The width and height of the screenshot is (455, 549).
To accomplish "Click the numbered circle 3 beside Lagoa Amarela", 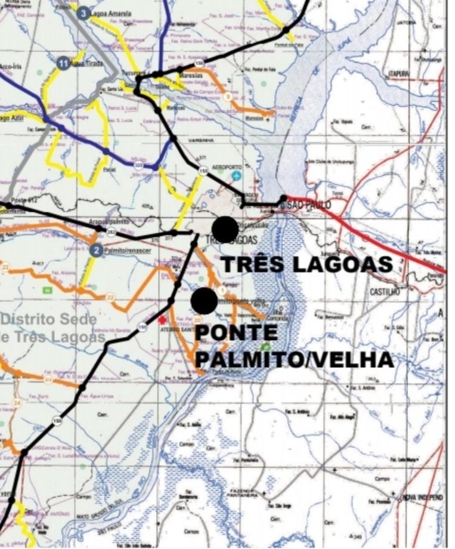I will point(83,13).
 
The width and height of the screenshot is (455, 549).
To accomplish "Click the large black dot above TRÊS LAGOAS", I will point(225,229).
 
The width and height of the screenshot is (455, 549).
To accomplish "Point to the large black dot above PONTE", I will point(205,301).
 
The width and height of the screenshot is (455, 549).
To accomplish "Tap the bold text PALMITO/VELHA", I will point(295,359).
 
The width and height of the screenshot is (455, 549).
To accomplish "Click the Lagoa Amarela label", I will point(112,13).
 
